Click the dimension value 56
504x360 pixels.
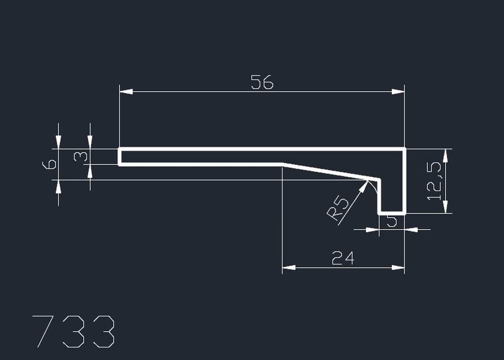tap(262, 82)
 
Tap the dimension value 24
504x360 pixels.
tap(343, 258)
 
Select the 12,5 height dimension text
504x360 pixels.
tap(434, 181)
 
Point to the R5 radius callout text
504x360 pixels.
tap(338, 209)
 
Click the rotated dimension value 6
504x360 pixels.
tap(49, 164)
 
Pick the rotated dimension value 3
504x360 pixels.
tap(80, 157)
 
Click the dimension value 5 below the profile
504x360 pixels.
tap(392, 221)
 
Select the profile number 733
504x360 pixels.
tap(73, 331)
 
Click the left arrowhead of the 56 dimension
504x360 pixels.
tap(126, 92)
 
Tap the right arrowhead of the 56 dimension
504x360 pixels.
tap(398, 92)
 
